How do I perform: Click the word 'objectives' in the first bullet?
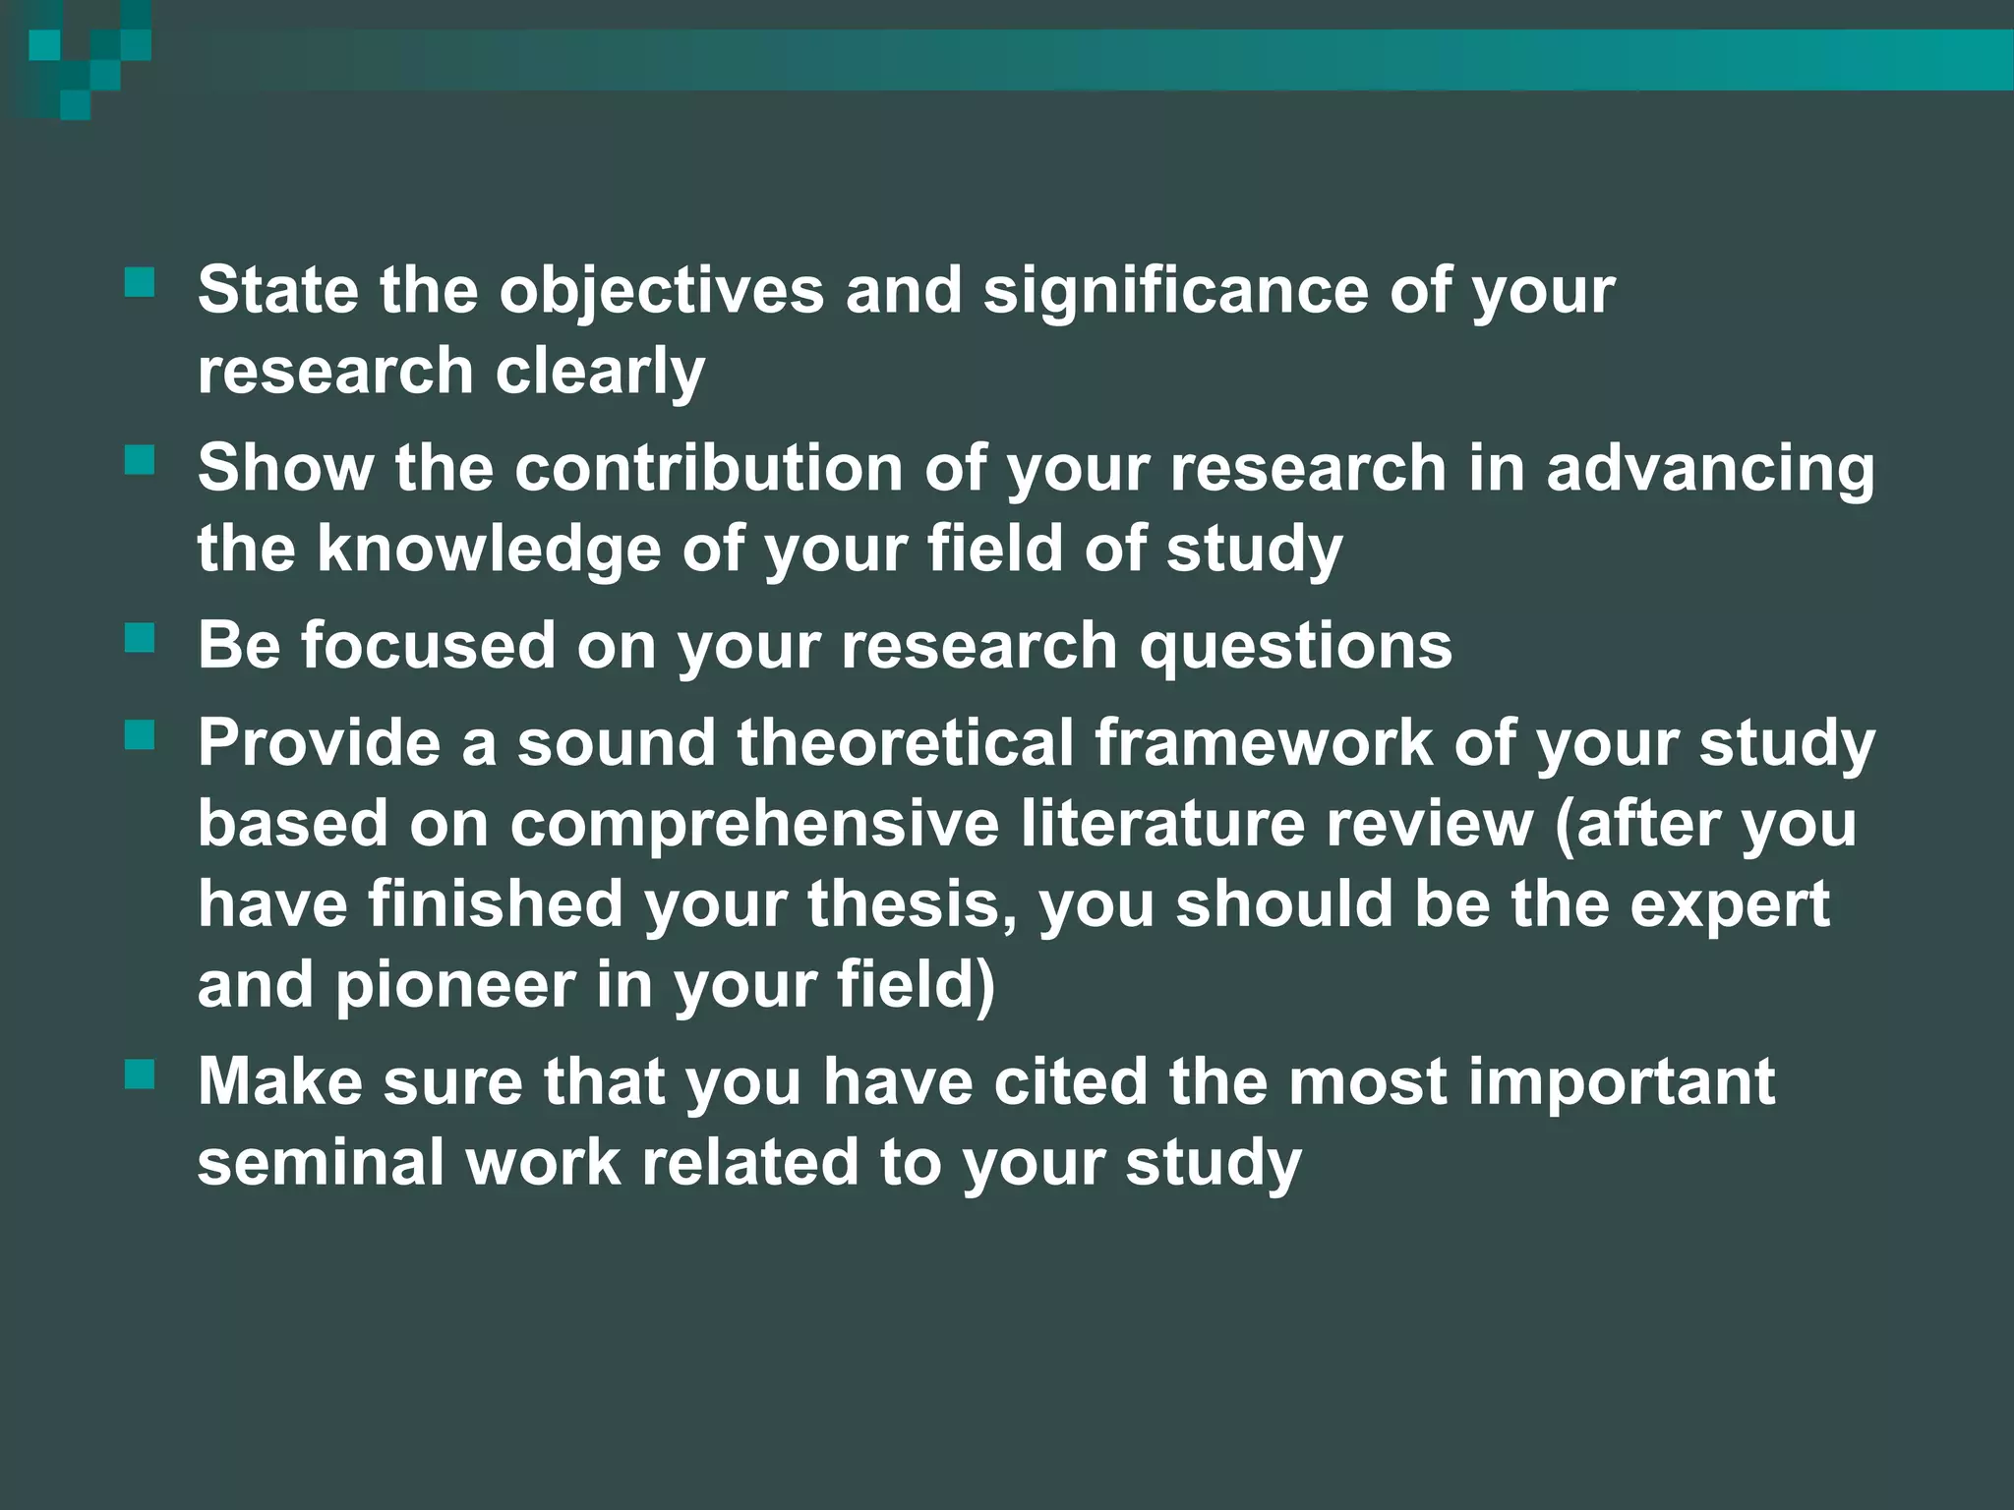[x=661, y=291]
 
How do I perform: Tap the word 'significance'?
[x=1175, y=291]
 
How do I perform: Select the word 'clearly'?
[x=600, y=372]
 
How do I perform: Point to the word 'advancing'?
[x=1710, y=469]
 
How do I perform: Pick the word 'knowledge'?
[x=489, y=549]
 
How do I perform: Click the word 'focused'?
[x=428, y=646]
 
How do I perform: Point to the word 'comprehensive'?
[x=754, y=824]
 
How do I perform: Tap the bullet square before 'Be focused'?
[x=141, y=639]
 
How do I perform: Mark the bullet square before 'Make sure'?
[x=141, y=1074]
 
